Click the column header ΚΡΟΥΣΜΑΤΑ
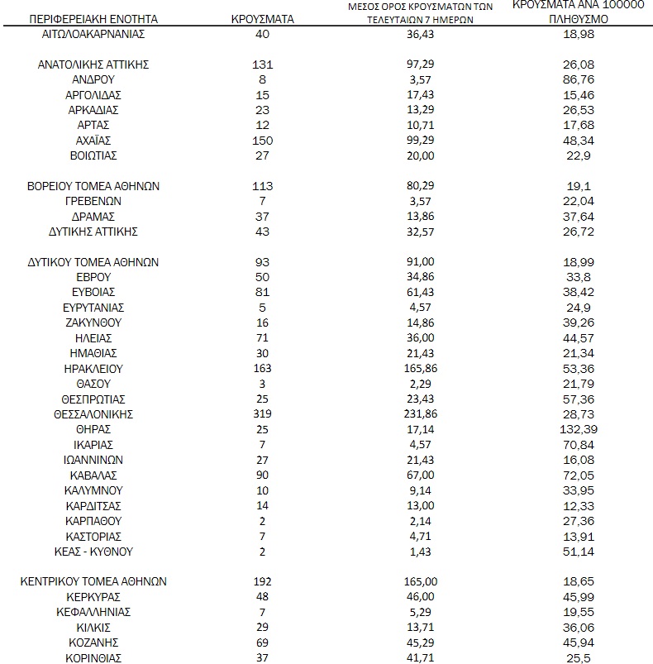tap(262, 17)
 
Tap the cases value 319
tap(262, 414)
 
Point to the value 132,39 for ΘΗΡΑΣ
tap(579, 430)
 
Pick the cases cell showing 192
tap(262, 581)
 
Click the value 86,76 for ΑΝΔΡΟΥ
tap(579, 79)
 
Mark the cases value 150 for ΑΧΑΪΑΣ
tap(262, 141)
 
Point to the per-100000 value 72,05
tap(579, 475)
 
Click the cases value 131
tap(262, 64)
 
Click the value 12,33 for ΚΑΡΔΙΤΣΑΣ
tap(579, 506)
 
